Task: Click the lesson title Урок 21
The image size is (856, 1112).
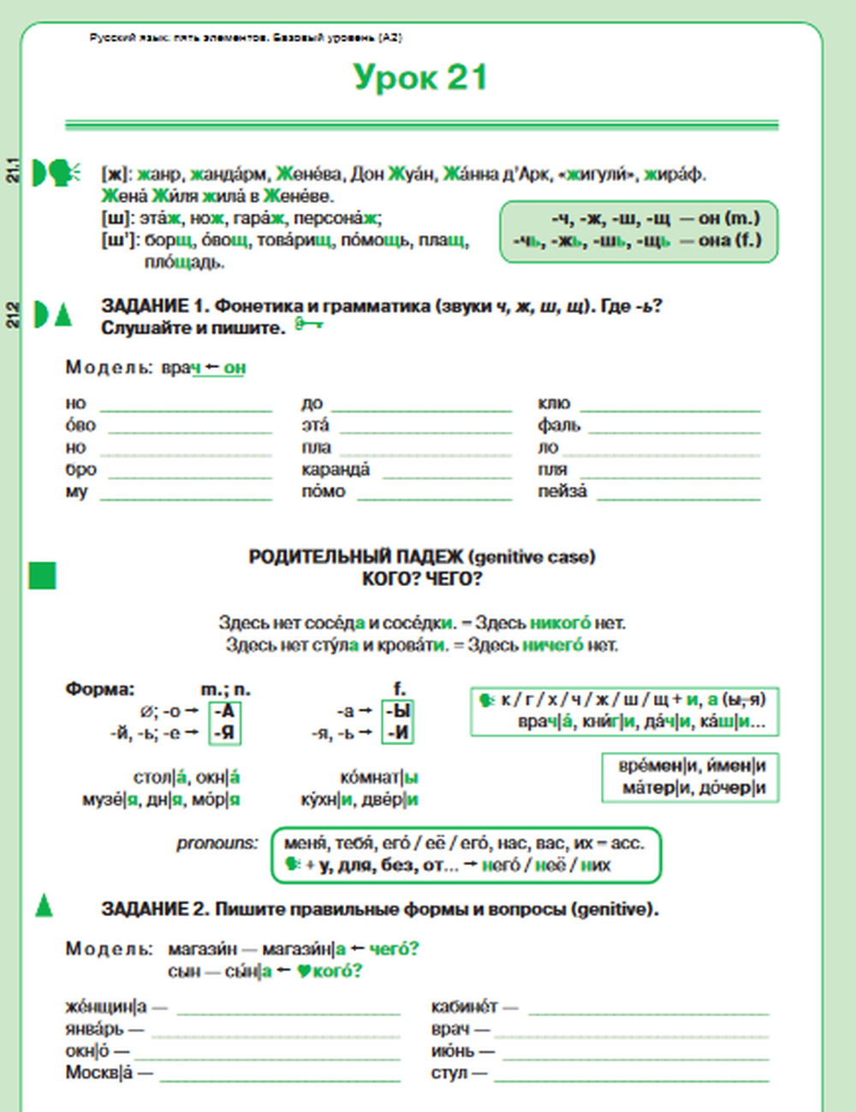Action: (x=420, y=77)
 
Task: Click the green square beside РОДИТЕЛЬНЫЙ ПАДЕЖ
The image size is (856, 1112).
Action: (x=42, y=576)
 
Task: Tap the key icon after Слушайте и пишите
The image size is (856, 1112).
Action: (x=308, y=324)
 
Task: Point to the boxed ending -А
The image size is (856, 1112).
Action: (x=225, y=711)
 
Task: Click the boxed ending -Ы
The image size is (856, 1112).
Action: (x=398, y=711)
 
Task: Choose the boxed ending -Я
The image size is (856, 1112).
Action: (x=225, y=732)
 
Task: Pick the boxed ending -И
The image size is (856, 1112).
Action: (x=398, y=732)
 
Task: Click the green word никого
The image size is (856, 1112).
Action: (x=560, y=623)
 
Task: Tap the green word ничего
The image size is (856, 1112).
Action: (x=553, y=645)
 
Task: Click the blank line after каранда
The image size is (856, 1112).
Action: (x=446, y=476)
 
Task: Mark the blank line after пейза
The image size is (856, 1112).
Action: (x=678, y=498)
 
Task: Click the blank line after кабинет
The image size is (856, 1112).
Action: (x=648, y=1013)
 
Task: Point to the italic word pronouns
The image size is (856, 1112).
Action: (x=217, y=843)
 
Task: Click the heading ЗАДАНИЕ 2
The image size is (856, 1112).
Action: (x=155, y=909)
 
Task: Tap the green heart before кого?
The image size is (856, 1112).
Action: (x=303, y=972)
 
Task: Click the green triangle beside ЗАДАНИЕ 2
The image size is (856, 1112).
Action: (x=44, y=905)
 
